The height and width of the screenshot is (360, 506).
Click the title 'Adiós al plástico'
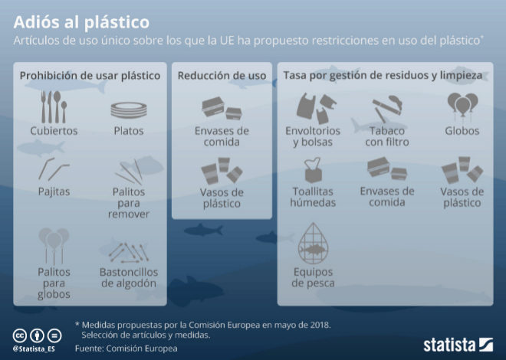(x=81, y=22)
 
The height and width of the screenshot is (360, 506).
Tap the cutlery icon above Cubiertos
(x=54, y=107)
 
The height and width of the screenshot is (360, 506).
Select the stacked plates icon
(x=129, y=110)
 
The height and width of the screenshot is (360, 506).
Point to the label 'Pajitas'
(x=54, y=191)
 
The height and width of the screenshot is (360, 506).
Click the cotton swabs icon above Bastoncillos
(x=129, y=252)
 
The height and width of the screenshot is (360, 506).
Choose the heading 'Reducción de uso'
(x=222, y=75)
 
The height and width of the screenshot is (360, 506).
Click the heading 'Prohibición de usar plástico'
(x=90, y=75)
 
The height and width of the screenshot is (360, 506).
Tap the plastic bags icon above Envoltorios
(x=316, y=108)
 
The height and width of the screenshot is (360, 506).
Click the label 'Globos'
(x=462, y=131)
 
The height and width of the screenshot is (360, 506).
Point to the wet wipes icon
(x=313, y=170)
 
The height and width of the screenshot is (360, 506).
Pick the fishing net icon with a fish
(x=313, y=244)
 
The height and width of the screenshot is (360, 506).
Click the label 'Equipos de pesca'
(x=313, y=277)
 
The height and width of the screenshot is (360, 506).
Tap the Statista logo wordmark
(x=449, y=345)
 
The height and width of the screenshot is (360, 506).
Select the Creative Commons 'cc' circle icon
(x=20, y=335)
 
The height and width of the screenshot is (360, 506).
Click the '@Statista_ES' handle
(x=34, y=349)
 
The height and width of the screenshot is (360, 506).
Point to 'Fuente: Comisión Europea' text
(x=127, y=349)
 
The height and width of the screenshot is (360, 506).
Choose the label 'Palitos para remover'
(x=129, y=203)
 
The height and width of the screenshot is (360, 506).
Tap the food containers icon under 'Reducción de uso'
(x=222, y=108)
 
